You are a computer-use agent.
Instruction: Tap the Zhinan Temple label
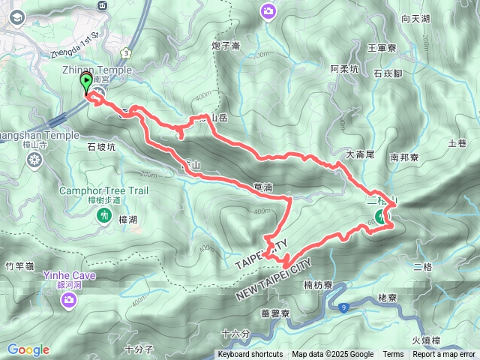pos(97,70)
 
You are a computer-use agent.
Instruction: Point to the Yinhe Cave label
pos(69,275)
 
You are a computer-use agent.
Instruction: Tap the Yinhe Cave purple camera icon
pos(69,300)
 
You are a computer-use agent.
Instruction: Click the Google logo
pos(28,349)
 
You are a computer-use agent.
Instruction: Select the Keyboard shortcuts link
pos(250,355)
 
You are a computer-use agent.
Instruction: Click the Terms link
pos(393,355)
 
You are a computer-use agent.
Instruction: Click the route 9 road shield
pos(343,307)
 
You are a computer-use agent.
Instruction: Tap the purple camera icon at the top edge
pos(268,10)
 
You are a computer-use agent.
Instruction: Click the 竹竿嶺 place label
pos(19,265)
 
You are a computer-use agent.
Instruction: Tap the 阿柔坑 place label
pos(345,69)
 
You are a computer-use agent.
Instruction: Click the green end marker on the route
pos(380,217)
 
